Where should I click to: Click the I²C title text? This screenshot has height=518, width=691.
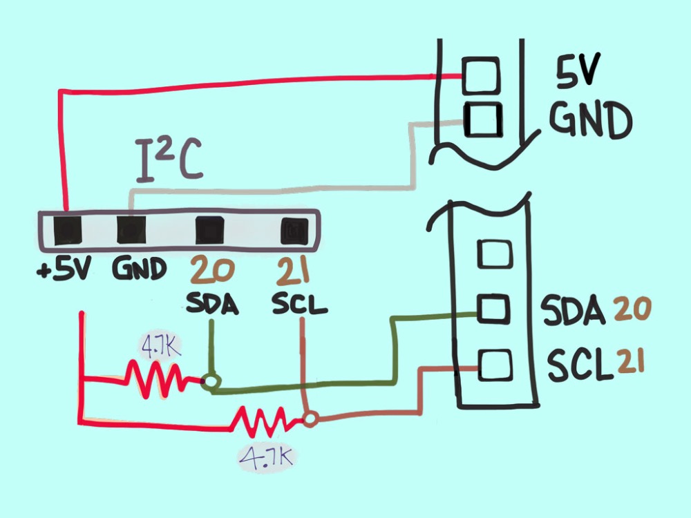[x=169, y=160]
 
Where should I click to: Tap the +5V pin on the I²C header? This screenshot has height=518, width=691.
[x=68, y=231]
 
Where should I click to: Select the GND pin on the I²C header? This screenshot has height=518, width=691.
[x=131, y=229]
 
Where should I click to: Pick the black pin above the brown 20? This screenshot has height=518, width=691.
[x=209, y=230]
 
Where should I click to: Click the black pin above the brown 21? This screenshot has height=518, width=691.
[x=295, y=231]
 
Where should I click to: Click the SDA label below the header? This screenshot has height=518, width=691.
[x=212, y=303]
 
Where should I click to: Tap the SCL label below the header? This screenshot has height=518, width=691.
[x=299, y=303]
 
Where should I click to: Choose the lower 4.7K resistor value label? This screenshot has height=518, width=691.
[x=266, y=458]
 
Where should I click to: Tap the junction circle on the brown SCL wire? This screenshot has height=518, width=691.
[x=311, y=419]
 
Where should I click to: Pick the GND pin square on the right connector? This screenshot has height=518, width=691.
[x=483, y=119]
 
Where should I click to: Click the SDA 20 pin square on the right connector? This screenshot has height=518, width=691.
[x=493, y=308]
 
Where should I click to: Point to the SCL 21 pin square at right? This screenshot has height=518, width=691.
[x=494, y=365]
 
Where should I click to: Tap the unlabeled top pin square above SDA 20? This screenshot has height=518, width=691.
[x=495, y=254]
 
